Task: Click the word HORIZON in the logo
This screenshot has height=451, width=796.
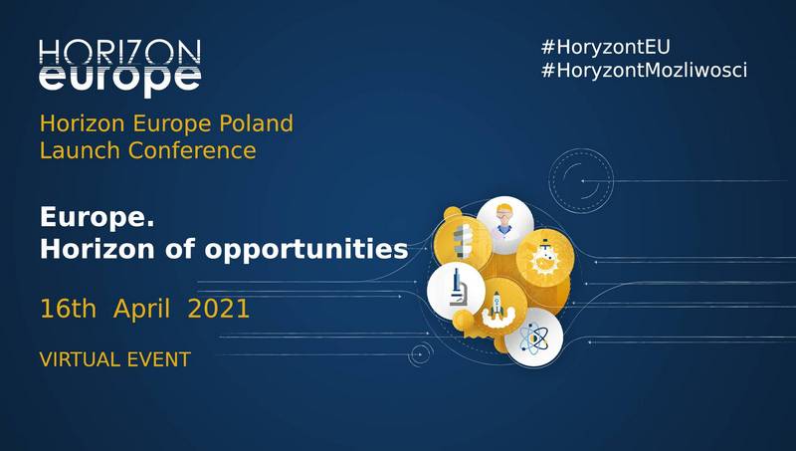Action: pyautogui.click(x=119, y=53)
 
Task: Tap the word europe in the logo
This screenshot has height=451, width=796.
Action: pyautogui.click(x=119, y=80)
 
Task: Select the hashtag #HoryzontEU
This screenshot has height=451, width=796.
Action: pyautogui.click(x=605, y=47)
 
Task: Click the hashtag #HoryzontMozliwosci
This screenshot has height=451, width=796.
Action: pyautogui.click(x=644, y=70)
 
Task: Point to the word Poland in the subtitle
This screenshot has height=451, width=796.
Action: pyautogui.click(x=257, y=123)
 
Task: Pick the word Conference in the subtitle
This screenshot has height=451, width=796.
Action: pyautogui.click(x=192, y=150)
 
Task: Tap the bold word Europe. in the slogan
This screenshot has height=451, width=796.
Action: pyautogui.click(x=97, y=218)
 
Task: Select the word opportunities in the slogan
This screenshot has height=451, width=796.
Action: pyautogui.click(x=306, y=250)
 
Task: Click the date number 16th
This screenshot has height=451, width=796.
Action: pyautogui.click(x=68, y=309)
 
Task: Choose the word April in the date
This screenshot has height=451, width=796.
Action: pyautogui.click(x=141, y=309)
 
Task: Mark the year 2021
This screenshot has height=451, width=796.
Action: pyautogui.click(x=218, y=309)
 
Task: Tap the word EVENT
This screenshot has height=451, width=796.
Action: pyautogui.click(x=158, y=359)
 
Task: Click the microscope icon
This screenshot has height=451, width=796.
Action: pyautogui.click(x=457, y=291)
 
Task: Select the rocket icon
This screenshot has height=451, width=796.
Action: pyautogui.click(x=498, y=308)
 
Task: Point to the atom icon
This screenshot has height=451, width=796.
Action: pyautogui.click(x=533, y=338)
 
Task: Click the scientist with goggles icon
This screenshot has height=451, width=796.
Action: pyautogui.click(x=504, y=224)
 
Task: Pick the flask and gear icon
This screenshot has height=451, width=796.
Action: pyautogui.click(x=544, y=258)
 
